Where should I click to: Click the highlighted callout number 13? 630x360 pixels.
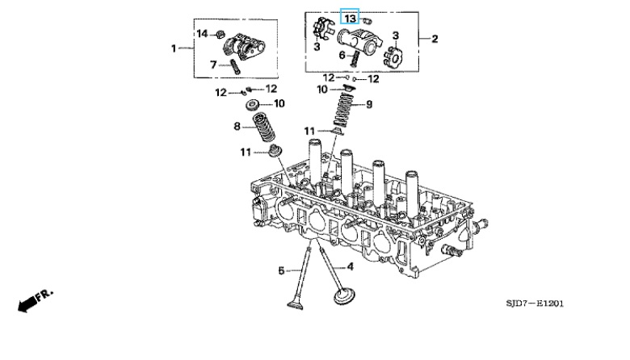point(350,19)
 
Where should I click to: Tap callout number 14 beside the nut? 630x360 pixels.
point(202,34)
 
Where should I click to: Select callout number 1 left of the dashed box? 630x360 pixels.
point(174,48)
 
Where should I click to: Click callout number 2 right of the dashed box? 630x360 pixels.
point(435,39)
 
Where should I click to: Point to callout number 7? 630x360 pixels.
point(213,65)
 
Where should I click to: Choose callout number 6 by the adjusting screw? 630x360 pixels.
point(342,55)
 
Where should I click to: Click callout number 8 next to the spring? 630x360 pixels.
point(237,127)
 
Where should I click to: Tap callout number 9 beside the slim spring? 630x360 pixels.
point(369,104)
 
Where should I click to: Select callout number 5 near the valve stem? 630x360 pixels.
point(281,270)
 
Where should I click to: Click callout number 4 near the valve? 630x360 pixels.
point(350,266)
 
